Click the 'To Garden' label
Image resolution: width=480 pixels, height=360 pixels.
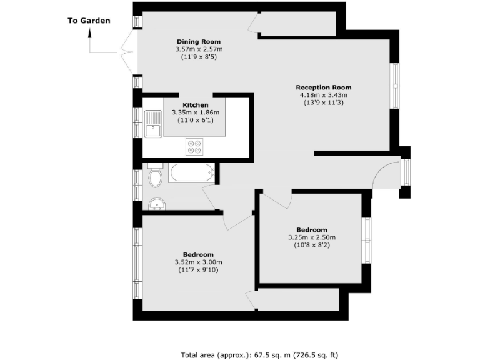coord(89,21)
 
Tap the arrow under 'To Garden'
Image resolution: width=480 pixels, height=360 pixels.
coord(91,44)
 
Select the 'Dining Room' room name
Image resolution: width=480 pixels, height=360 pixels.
coord(199,41)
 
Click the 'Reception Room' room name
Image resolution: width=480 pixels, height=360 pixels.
coord(323,87)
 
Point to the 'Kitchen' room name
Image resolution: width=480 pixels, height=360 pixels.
coord(195,105)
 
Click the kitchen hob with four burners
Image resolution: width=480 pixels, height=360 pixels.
coord(194,147)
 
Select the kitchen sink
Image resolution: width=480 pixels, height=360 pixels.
coord(152,123)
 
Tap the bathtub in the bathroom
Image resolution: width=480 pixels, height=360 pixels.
coord(191,172)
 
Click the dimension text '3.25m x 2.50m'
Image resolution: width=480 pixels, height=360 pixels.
coord(311,237)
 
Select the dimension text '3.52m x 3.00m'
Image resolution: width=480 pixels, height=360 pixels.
coord(198,262)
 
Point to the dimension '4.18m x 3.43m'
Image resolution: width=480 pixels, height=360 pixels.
coord(323,95)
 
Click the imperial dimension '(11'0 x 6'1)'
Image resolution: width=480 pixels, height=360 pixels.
coord(195,120)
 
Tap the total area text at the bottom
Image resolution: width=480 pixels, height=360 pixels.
coord(259,355)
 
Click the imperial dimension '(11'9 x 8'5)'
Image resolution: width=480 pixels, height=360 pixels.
coord(199,56)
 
